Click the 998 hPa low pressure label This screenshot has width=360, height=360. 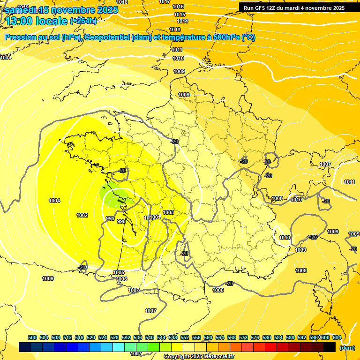click(121, 221)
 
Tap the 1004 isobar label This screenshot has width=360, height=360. click(54, 201)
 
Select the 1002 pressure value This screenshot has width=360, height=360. click(82, 216)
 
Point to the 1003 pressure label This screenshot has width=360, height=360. click(168, 213)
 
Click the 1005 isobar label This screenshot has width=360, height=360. click(119, 272)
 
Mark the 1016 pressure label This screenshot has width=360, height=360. click(178, 7)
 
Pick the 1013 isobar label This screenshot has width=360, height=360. click(175, 30)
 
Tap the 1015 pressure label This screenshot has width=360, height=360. click(180, 15)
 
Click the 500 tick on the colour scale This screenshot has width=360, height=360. click(32, 337)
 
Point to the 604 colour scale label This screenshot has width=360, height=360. click(337, 337)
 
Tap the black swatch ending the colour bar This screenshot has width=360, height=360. click(330, 347)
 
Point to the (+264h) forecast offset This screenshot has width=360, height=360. click(83, 21)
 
